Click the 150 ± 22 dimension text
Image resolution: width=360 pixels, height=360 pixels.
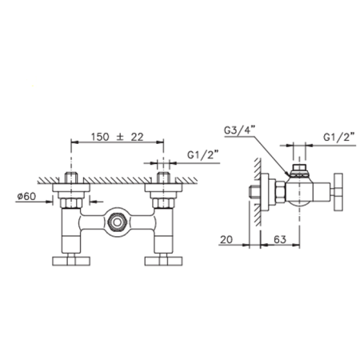(117, 137)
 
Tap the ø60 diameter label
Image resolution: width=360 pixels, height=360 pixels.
(26, 197)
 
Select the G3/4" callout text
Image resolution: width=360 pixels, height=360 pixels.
(240, 130)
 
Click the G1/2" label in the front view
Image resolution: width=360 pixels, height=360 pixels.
(203, 155)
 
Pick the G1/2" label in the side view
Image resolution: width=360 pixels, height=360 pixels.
(338, 137)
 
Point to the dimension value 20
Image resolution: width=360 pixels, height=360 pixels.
(226, 239)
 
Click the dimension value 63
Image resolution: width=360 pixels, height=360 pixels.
(280, 239)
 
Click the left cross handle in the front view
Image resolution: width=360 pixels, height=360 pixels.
(71, 261)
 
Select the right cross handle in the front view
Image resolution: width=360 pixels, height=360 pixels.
(163, 261)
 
